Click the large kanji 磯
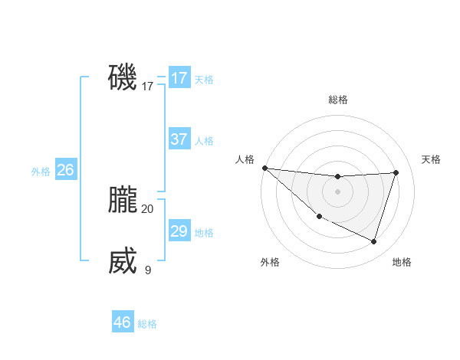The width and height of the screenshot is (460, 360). pos(123,78)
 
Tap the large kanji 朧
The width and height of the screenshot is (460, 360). pos(123,201)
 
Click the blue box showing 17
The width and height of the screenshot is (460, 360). pos(179,78)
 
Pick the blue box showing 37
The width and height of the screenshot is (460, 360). pos(179,139)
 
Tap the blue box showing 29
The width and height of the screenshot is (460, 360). pos(179,231)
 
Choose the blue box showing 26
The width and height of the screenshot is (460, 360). pos(66,170)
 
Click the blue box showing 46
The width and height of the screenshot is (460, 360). pos(123,322)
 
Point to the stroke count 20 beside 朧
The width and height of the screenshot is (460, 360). pos(147,208)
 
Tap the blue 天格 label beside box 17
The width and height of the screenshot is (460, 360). pos(204,80)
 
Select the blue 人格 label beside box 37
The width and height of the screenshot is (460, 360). pos(204,141)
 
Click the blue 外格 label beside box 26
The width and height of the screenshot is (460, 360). pos(41,172)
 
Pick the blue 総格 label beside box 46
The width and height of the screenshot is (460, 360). pos(147,324)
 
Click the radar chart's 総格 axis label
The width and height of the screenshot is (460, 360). pos(337,100)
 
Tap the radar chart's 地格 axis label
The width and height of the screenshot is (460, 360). pos(402,263)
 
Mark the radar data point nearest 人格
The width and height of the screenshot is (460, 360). pos(264,168)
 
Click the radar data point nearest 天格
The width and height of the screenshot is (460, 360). pos(396,172)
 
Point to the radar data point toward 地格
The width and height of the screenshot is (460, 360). pos(374,242)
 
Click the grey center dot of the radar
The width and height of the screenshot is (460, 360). pos(337,191)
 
